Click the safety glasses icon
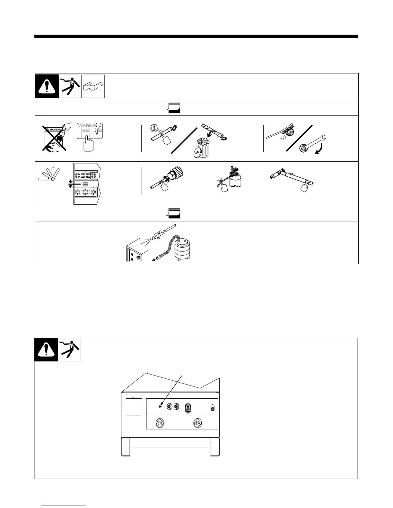click(93, 87)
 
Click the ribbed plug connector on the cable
click(174, 175)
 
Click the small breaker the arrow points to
click(160, 407)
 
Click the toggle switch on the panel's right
click(212, 408)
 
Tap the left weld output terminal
click(159, 423)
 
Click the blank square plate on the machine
click(134, 407)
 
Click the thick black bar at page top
click(196, 36)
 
